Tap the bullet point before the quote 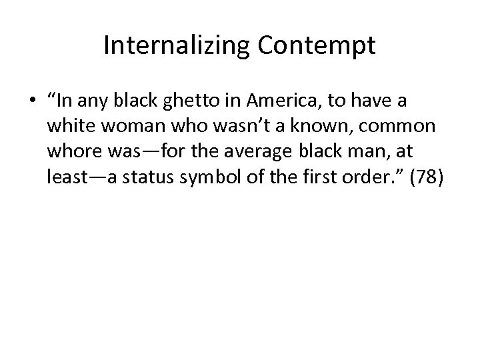[x=32, y=102]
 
